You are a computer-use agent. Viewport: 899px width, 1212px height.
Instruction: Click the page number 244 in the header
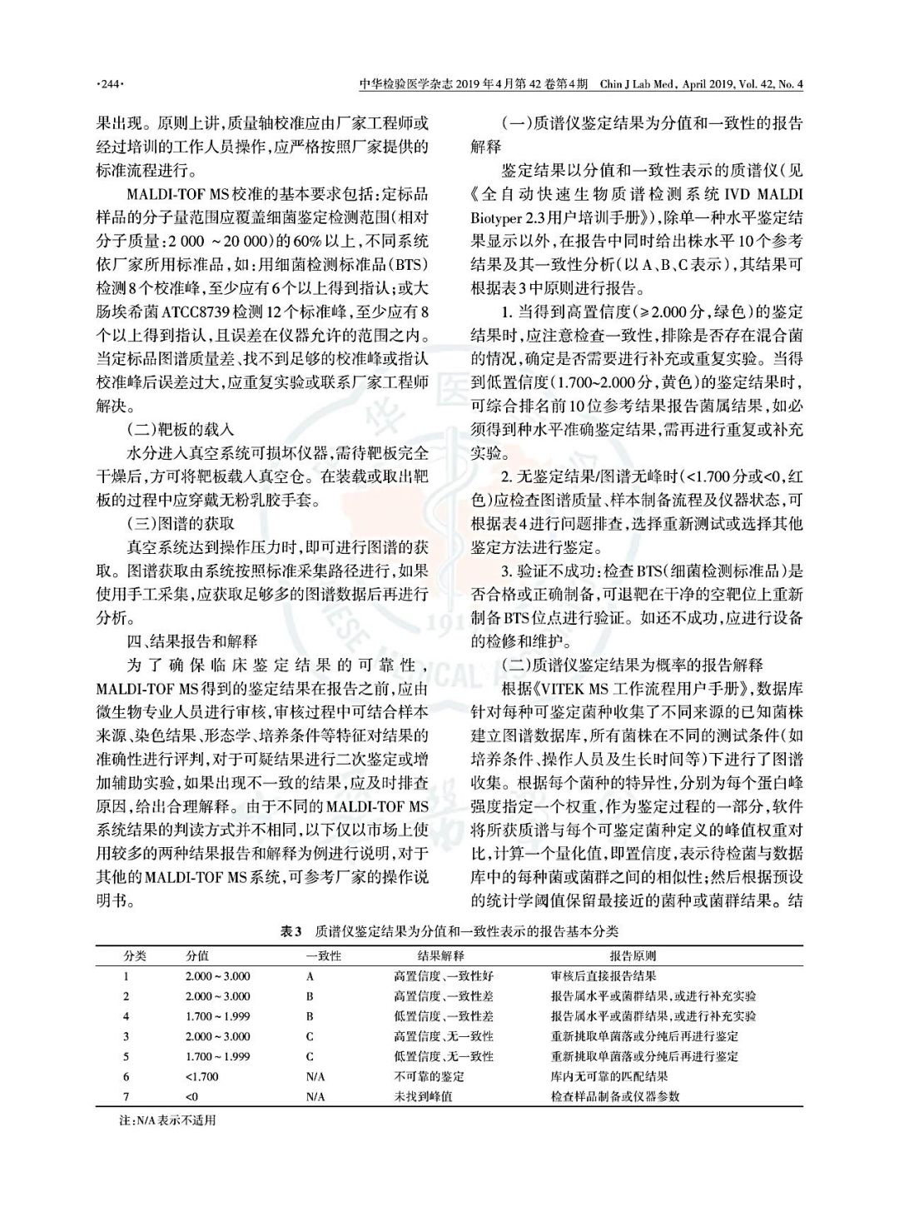110,84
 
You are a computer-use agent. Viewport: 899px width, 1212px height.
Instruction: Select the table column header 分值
197,955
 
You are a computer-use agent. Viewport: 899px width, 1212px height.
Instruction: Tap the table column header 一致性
324,955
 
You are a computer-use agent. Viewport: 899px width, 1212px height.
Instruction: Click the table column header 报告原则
633,955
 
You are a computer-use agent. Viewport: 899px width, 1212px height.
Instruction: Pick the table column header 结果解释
440,955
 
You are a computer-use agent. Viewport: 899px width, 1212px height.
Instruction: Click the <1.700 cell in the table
202,1076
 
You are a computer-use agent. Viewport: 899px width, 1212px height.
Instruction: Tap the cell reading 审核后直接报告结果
603,975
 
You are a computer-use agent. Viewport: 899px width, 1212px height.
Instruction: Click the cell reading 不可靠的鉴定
429,1076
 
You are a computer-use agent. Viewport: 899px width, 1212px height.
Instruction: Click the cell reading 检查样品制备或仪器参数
615,1096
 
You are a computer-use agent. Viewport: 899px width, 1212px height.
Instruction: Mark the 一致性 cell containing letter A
310,975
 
